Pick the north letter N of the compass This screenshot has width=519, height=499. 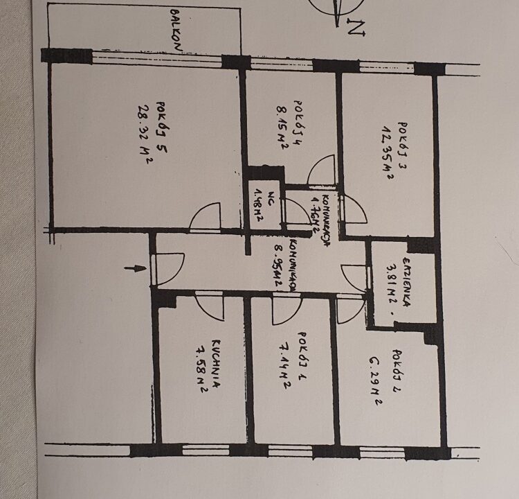[x=356, y=29]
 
